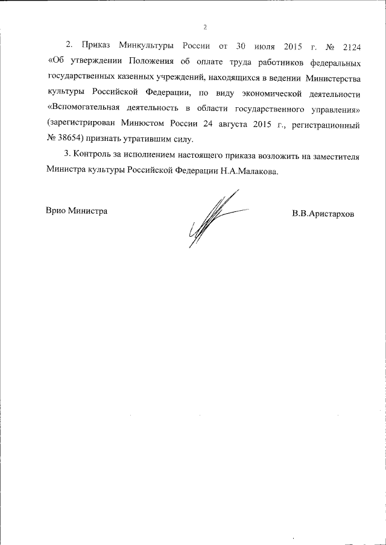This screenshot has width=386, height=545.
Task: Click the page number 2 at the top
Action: point(205,27)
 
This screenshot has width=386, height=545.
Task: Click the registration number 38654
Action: point(74,142)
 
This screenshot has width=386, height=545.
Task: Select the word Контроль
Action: point(92,158)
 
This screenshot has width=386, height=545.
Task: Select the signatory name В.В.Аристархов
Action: point(323,214)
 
